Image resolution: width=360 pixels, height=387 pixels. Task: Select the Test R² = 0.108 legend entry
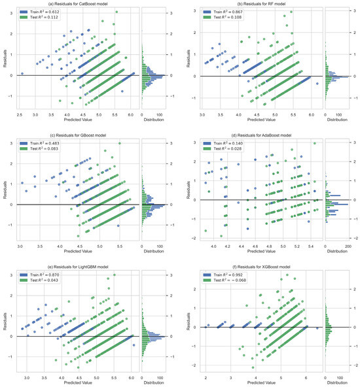223,18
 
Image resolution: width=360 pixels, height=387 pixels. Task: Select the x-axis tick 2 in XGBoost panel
206,373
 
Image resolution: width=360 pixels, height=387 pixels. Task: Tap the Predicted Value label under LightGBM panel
78,379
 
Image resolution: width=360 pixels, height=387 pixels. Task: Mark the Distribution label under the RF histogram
336,119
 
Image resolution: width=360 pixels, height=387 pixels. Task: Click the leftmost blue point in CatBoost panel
22,73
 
